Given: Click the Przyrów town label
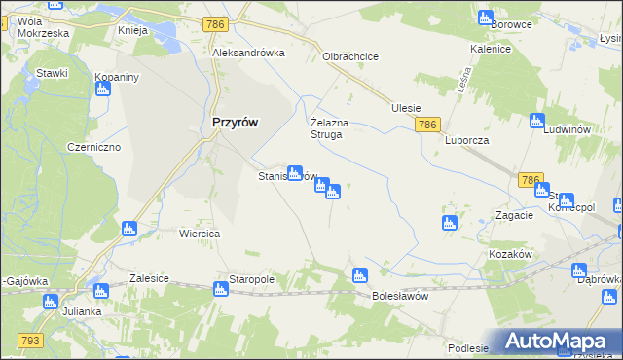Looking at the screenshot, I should pyautogui.click(x=235, y=124).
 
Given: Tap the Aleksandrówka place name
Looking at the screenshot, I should pyautogui.click(x=248, y=54).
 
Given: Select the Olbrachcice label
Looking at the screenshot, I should pyautogui.click(x=350, y=56).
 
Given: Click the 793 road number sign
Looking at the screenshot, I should pyautogui.click(x=29, y=340).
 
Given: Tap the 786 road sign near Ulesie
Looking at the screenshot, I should pyautogui.click(x=428, y=126).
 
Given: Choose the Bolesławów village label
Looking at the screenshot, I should pyautogui.click(x=400, y=296).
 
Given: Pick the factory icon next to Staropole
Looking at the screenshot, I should pyautogui.click(x=220, y=287).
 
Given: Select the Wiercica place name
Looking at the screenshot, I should pyautogui.click(x=201, y=234).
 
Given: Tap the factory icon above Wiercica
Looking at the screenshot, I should pyautogui.click(x=129, y=229).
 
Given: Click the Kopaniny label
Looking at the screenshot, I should pyautogui.click(x=116, y=76).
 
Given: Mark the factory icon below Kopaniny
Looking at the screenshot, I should pyautogui.click(x=103, y=90).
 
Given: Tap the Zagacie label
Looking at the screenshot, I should pyautogui.click(x=513, y=215).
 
